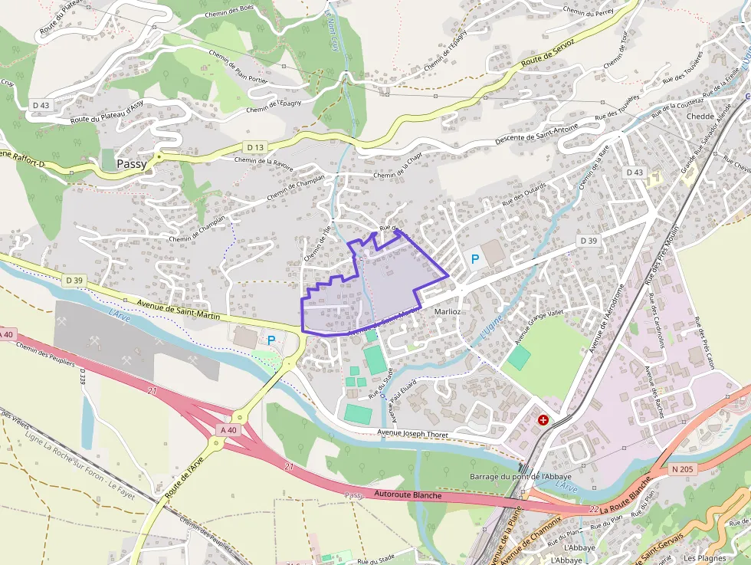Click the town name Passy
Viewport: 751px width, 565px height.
point(132,164)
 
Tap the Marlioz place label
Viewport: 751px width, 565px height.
point(447,312)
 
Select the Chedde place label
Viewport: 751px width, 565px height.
point(700,117)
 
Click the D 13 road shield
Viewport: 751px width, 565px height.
point(255,146)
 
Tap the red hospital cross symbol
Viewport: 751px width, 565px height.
point(543,420)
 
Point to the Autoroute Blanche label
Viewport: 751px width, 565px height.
point(408,495)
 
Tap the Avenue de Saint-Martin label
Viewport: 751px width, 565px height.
point(179,310)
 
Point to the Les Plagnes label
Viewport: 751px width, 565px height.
point(704,558)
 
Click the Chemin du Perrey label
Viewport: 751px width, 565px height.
point(588,11)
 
